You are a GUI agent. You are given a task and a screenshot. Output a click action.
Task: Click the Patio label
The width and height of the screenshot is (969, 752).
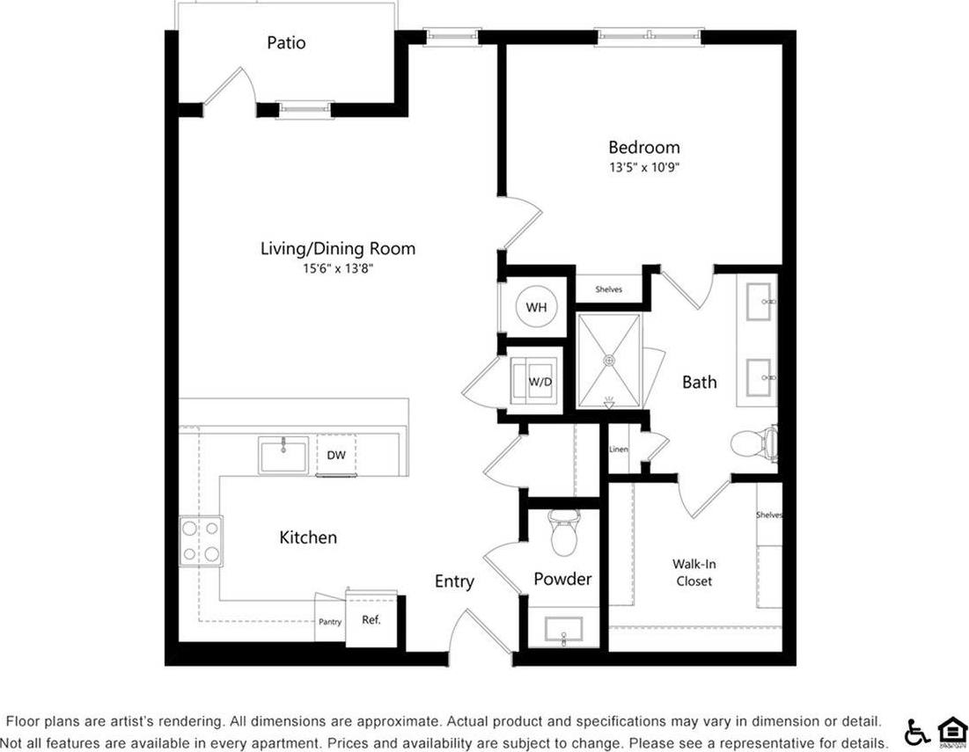(x=286, y=42)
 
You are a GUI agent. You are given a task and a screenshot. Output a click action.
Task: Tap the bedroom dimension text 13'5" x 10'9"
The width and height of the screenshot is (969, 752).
(x=644, y=167)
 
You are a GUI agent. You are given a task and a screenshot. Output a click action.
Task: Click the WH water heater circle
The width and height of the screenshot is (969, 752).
(x=537, y=307)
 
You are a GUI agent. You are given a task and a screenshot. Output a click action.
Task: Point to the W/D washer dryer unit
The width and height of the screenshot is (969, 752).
(x=537, y=383)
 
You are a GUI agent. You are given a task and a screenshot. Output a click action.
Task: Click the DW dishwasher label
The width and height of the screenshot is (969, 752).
(x=336, y=455)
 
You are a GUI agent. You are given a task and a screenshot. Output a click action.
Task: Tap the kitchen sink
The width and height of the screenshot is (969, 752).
(x=283, y=455)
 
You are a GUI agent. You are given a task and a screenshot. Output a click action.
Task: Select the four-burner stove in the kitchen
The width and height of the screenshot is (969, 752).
(x=201, y=541)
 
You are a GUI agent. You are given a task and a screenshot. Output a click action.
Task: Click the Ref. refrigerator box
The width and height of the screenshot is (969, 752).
(x=371, y=619)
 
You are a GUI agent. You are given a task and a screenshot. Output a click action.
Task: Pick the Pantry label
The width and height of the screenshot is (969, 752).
(x=329, y=622)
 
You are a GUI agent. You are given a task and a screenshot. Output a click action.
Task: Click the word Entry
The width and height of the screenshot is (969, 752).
(x=454, y=581)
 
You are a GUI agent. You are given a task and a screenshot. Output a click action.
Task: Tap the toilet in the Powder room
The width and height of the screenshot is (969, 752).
(x=562, y=529)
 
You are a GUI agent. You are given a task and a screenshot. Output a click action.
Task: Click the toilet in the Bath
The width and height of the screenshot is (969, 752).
(x=756, y=442)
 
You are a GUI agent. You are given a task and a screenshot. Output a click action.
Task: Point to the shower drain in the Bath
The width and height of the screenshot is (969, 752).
(x=608, y=359)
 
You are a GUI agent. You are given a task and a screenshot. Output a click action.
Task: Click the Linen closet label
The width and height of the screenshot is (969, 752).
(x=618, y=449)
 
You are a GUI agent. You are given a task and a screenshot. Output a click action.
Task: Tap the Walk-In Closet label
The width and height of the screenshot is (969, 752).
(x=694, y=573)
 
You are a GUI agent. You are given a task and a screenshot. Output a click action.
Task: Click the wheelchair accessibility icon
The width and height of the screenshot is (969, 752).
(x=917, y=732)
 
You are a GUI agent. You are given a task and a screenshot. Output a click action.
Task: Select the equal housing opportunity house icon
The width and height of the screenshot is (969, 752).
(x=951, y=731)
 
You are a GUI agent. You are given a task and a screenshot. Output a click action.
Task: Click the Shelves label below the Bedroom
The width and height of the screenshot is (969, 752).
(x=609, y=289)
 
